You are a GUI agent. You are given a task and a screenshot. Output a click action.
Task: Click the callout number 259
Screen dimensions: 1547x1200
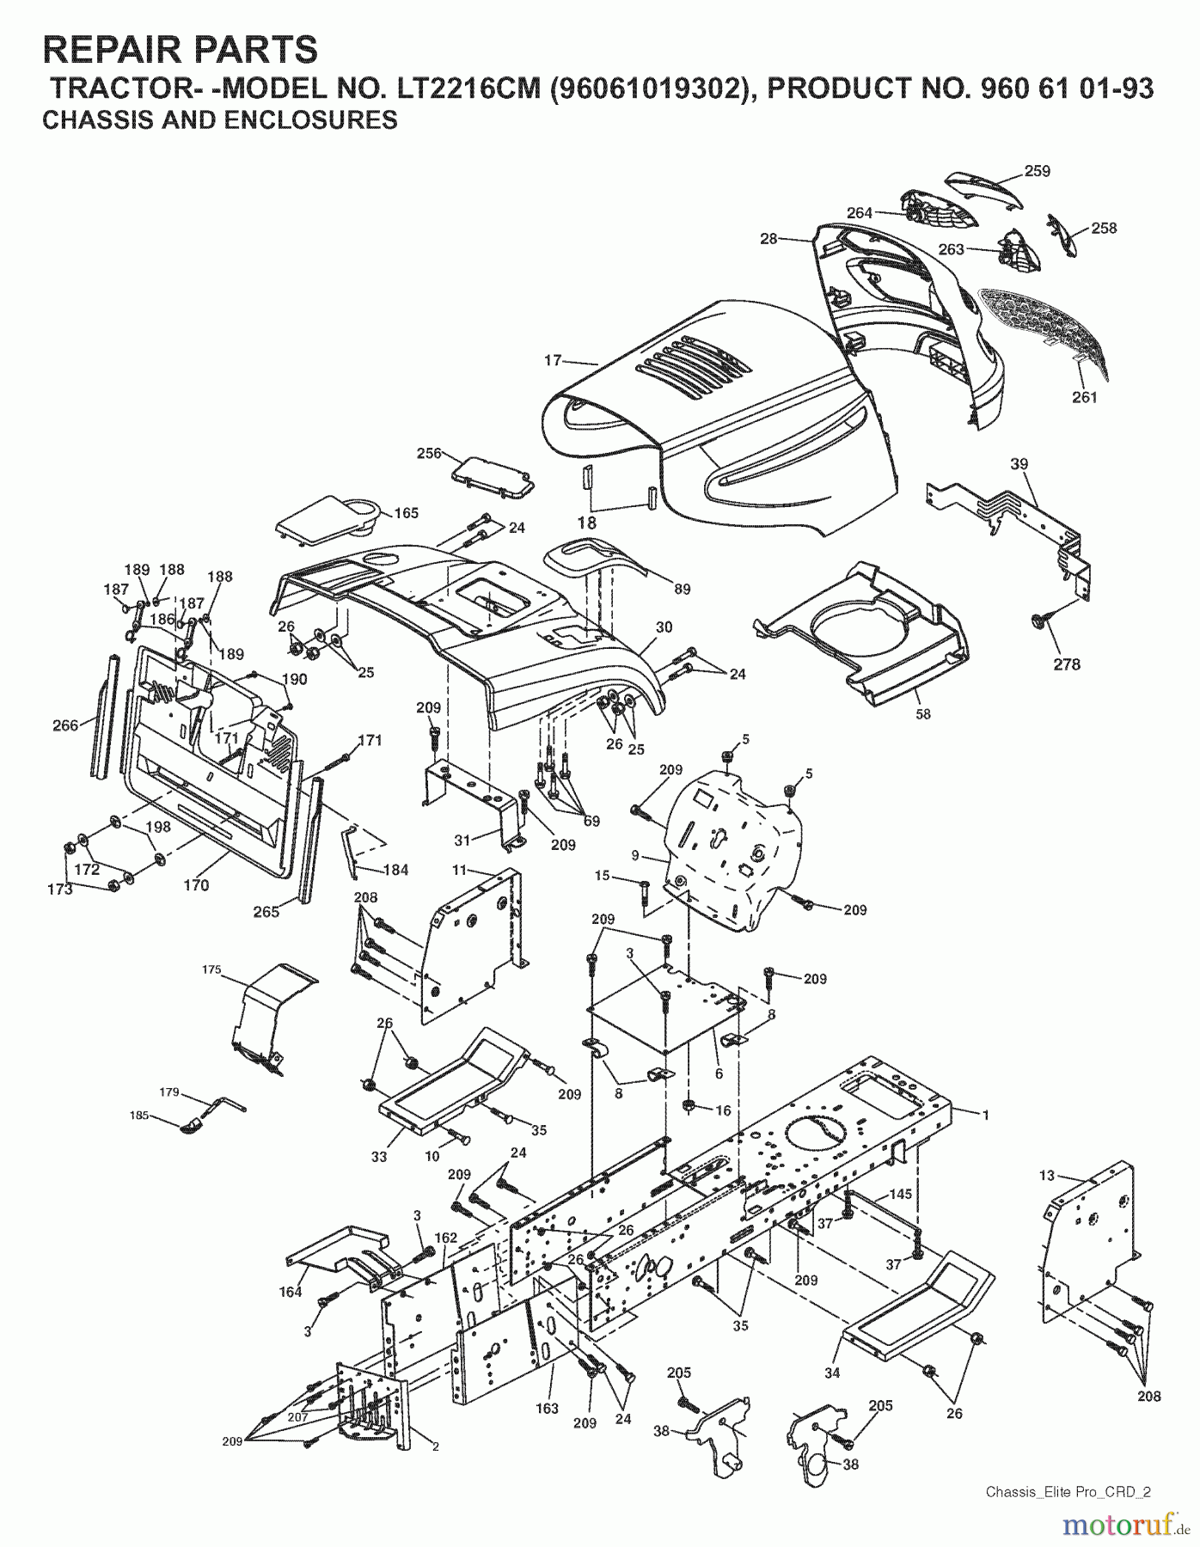click(x=1038, y=171)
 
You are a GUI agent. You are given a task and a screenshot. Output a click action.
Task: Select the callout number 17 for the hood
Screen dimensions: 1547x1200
click(x=553, y=361)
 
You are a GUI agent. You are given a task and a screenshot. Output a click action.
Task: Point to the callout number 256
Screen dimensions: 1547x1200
click(x=428, y=453)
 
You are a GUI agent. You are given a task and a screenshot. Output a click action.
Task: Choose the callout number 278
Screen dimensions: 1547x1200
click(x=1067, y=664)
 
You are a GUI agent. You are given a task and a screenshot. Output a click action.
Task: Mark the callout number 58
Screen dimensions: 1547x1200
click(x=923, y=713)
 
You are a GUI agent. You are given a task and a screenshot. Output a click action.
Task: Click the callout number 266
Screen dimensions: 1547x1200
click(x=65, y=725)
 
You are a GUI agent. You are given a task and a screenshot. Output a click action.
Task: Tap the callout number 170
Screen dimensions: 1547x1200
click(x=196, y=884)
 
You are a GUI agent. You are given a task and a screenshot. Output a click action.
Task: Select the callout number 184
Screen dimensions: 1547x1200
click(x=395, y=870)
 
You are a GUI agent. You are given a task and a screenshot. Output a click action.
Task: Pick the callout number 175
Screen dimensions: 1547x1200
click(x=211, y=969)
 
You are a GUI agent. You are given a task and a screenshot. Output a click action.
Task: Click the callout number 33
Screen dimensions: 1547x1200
click(x=379, y=1157)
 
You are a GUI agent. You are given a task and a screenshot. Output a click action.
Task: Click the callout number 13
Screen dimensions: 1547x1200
click(x=1046, y=1176)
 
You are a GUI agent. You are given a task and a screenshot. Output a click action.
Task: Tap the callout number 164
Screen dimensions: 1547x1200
click(x=291, y=1292)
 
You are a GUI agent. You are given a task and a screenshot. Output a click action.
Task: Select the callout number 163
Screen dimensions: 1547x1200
click(x=547, y=1408)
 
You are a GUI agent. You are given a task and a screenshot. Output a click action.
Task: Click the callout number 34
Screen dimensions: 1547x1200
click(x=831, y=1373)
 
